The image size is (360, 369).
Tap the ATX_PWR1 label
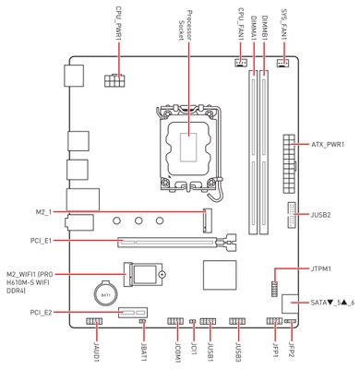(328, 144)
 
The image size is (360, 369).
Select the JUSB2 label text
(321, 215)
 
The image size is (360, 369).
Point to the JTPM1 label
(321, 268)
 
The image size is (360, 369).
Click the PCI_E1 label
(41, 241)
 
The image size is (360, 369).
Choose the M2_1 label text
(43, 212)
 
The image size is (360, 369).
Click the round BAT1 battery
(105, 293)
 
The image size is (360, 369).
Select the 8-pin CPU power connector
(114, 80)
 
